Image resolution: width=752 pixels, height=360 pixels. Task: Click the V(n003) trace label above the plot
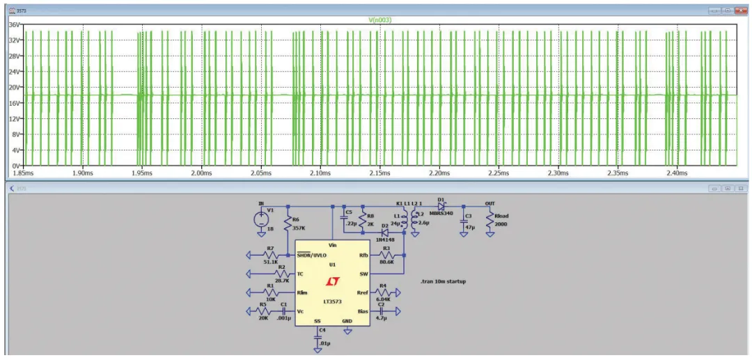coord(379,20)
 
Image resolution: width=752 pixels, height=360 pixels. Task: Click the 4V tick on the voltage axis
coord(15,150)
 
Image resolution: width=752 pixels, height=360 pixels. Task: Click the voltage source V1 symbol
coord(262,219)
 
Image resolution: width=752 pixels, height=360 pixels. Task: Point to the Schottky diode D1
coord(441,205)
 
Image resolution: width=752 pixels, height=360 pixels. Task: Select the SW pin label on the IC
coord(363,274)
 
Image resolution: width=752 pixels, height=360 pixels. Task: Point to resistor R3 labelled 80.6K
coord(386,256)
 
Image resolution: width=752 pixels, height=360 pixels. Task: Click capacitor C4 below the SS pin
coord(318,336)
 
